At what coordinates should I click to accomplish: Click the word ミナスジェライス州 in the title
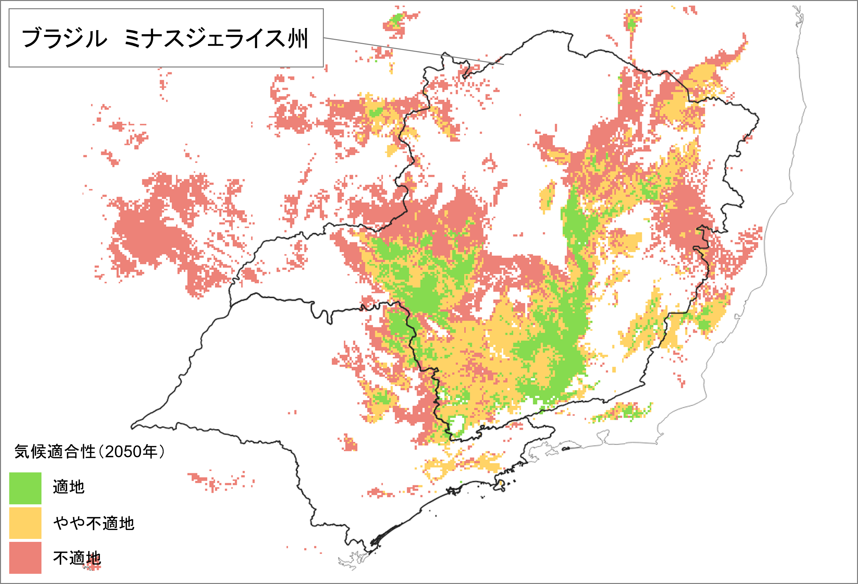click(x=216, y=38)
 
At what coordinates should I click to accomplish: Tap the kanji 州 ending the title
click(x=298, y=38)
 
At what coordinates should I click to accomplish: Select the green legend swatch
click(x=25, y=488)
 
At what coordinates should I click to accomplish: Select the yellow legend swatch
click(x=25, y=523)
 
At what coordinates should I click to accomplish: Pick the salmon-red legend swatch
click(x=25, y=557)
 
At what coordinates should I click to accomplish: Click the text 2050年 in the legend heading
click(x=131, y=451)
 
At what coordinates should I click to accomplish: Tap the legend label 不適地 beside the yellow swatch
click(x=110, y=523)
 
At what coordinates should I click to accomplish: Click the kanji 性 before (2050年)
click(x=89, y=451)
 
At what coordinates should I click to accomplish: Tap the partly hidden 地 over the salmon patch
click(x=94, y=558)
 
